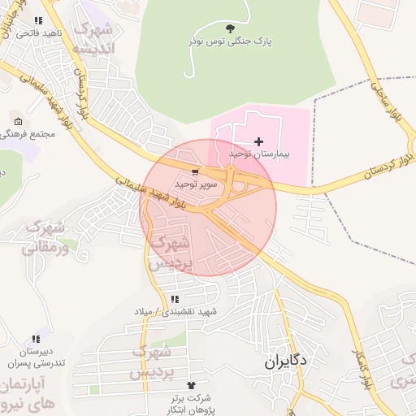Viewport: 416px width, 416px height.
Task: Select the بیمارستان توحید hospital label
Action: coord(258,153)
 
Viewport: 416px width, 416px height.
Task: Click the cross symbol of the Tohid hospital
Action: coord(259,141)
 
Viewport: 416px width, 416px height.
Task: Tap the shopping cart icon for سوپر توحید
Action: coord(195,172)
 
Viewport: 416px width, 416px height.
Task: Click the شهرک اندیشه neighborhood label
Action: coord(95,39)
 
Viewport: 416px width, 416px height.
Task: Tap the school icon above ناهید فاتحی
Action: coord(37,21)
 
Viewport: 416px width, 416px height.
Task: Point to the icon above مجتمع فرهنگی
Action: coord(18,121)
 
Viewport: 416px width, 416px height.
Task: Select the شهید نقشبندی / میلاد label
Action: coord(176,311)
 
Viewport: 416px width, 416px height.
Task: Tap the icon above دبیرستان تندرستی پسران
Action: coord(35,339)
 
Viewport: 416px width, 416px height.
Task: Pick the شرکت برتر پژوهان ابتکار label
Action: coord(192,403)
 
